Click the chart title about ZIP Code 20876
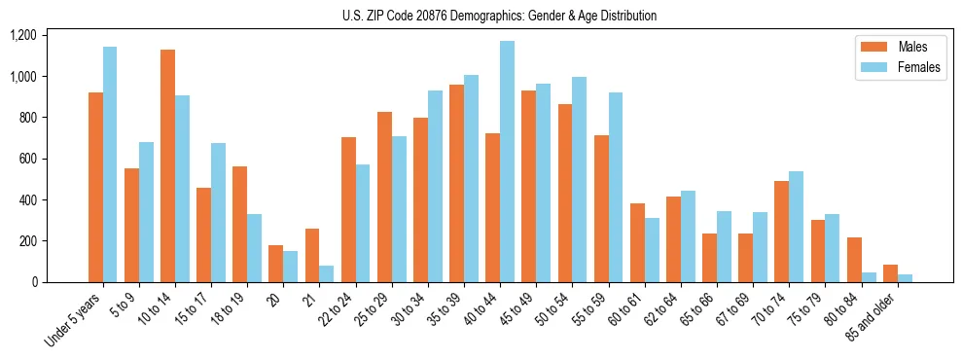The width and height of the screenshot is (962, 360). coord(499,16)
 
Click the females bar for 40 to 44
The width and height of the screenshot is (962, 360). coord(507,162)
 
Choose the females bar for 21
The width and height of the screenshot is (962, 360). coord(327,273)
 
